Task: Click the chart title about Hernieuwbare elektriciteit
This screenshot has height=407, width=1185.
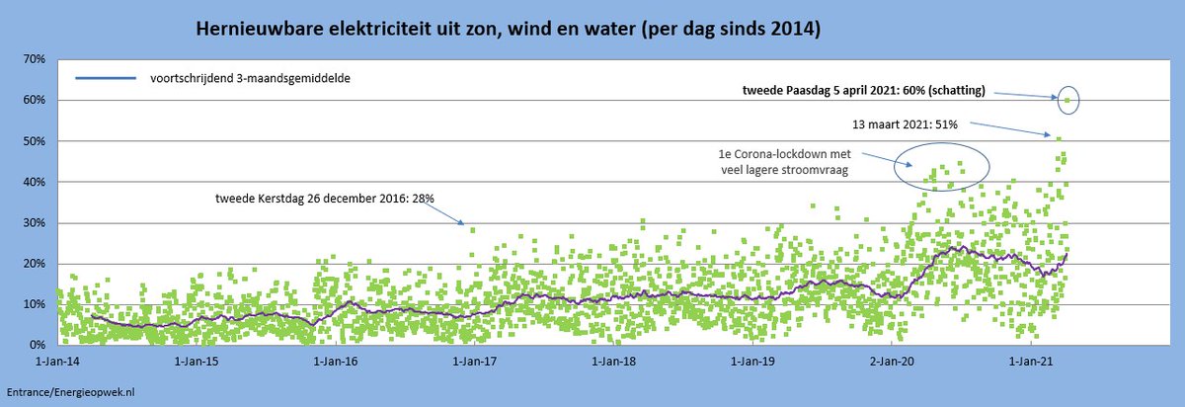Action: pyautogui.click(x=509, y=30)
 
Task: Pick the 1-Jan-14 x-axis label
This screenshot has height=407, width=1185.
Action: pyautogui.click(x=58, y=361)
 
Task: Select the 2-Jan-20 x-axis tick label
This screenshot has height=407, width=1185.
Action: pyautogui.click(x=893, y=361)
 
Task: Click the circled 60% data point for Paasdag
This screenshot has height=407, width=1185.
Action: pyautogui.click(x=1067, y=100)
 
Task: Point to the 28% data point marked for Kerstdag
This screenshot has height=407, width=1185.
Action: pyautogui.click(x=472, y=230)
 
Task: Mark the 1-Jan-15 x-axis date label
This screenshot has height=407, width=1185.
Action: pyautogui.click(x=197, y=361)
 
